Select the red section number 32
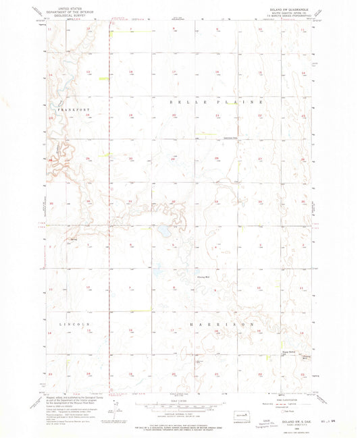[174, 201]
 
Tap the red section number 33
[216, 201]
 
